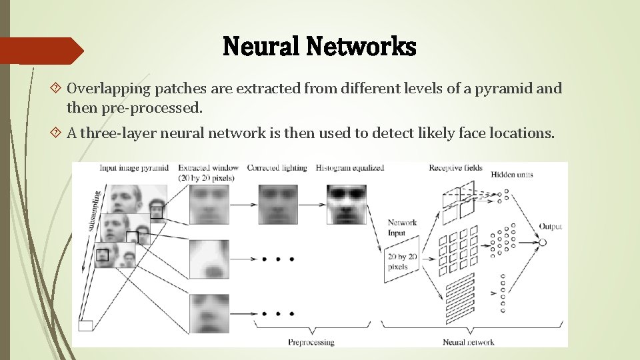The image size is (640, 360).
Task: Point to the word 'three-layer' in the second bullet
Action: [130, 133]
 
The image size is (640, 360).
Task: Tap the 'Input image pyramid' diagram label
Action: [134, 168]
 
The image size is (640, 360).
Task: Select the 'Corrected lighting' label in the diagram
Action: [277, 168]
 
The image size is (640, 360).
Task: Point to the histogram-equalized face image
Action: [347, 204]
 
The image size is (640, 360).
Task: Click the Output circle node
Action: [542, 243]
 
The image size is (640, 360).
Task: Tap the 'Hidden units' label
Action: [511, 175]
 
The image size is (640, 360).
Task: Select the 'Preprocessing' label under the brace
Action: [311, 342]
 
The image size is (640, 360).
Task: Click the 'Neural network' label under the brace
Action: [468, 342]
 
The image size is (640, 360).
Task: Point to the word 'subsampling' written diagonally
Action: [95, 211]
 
